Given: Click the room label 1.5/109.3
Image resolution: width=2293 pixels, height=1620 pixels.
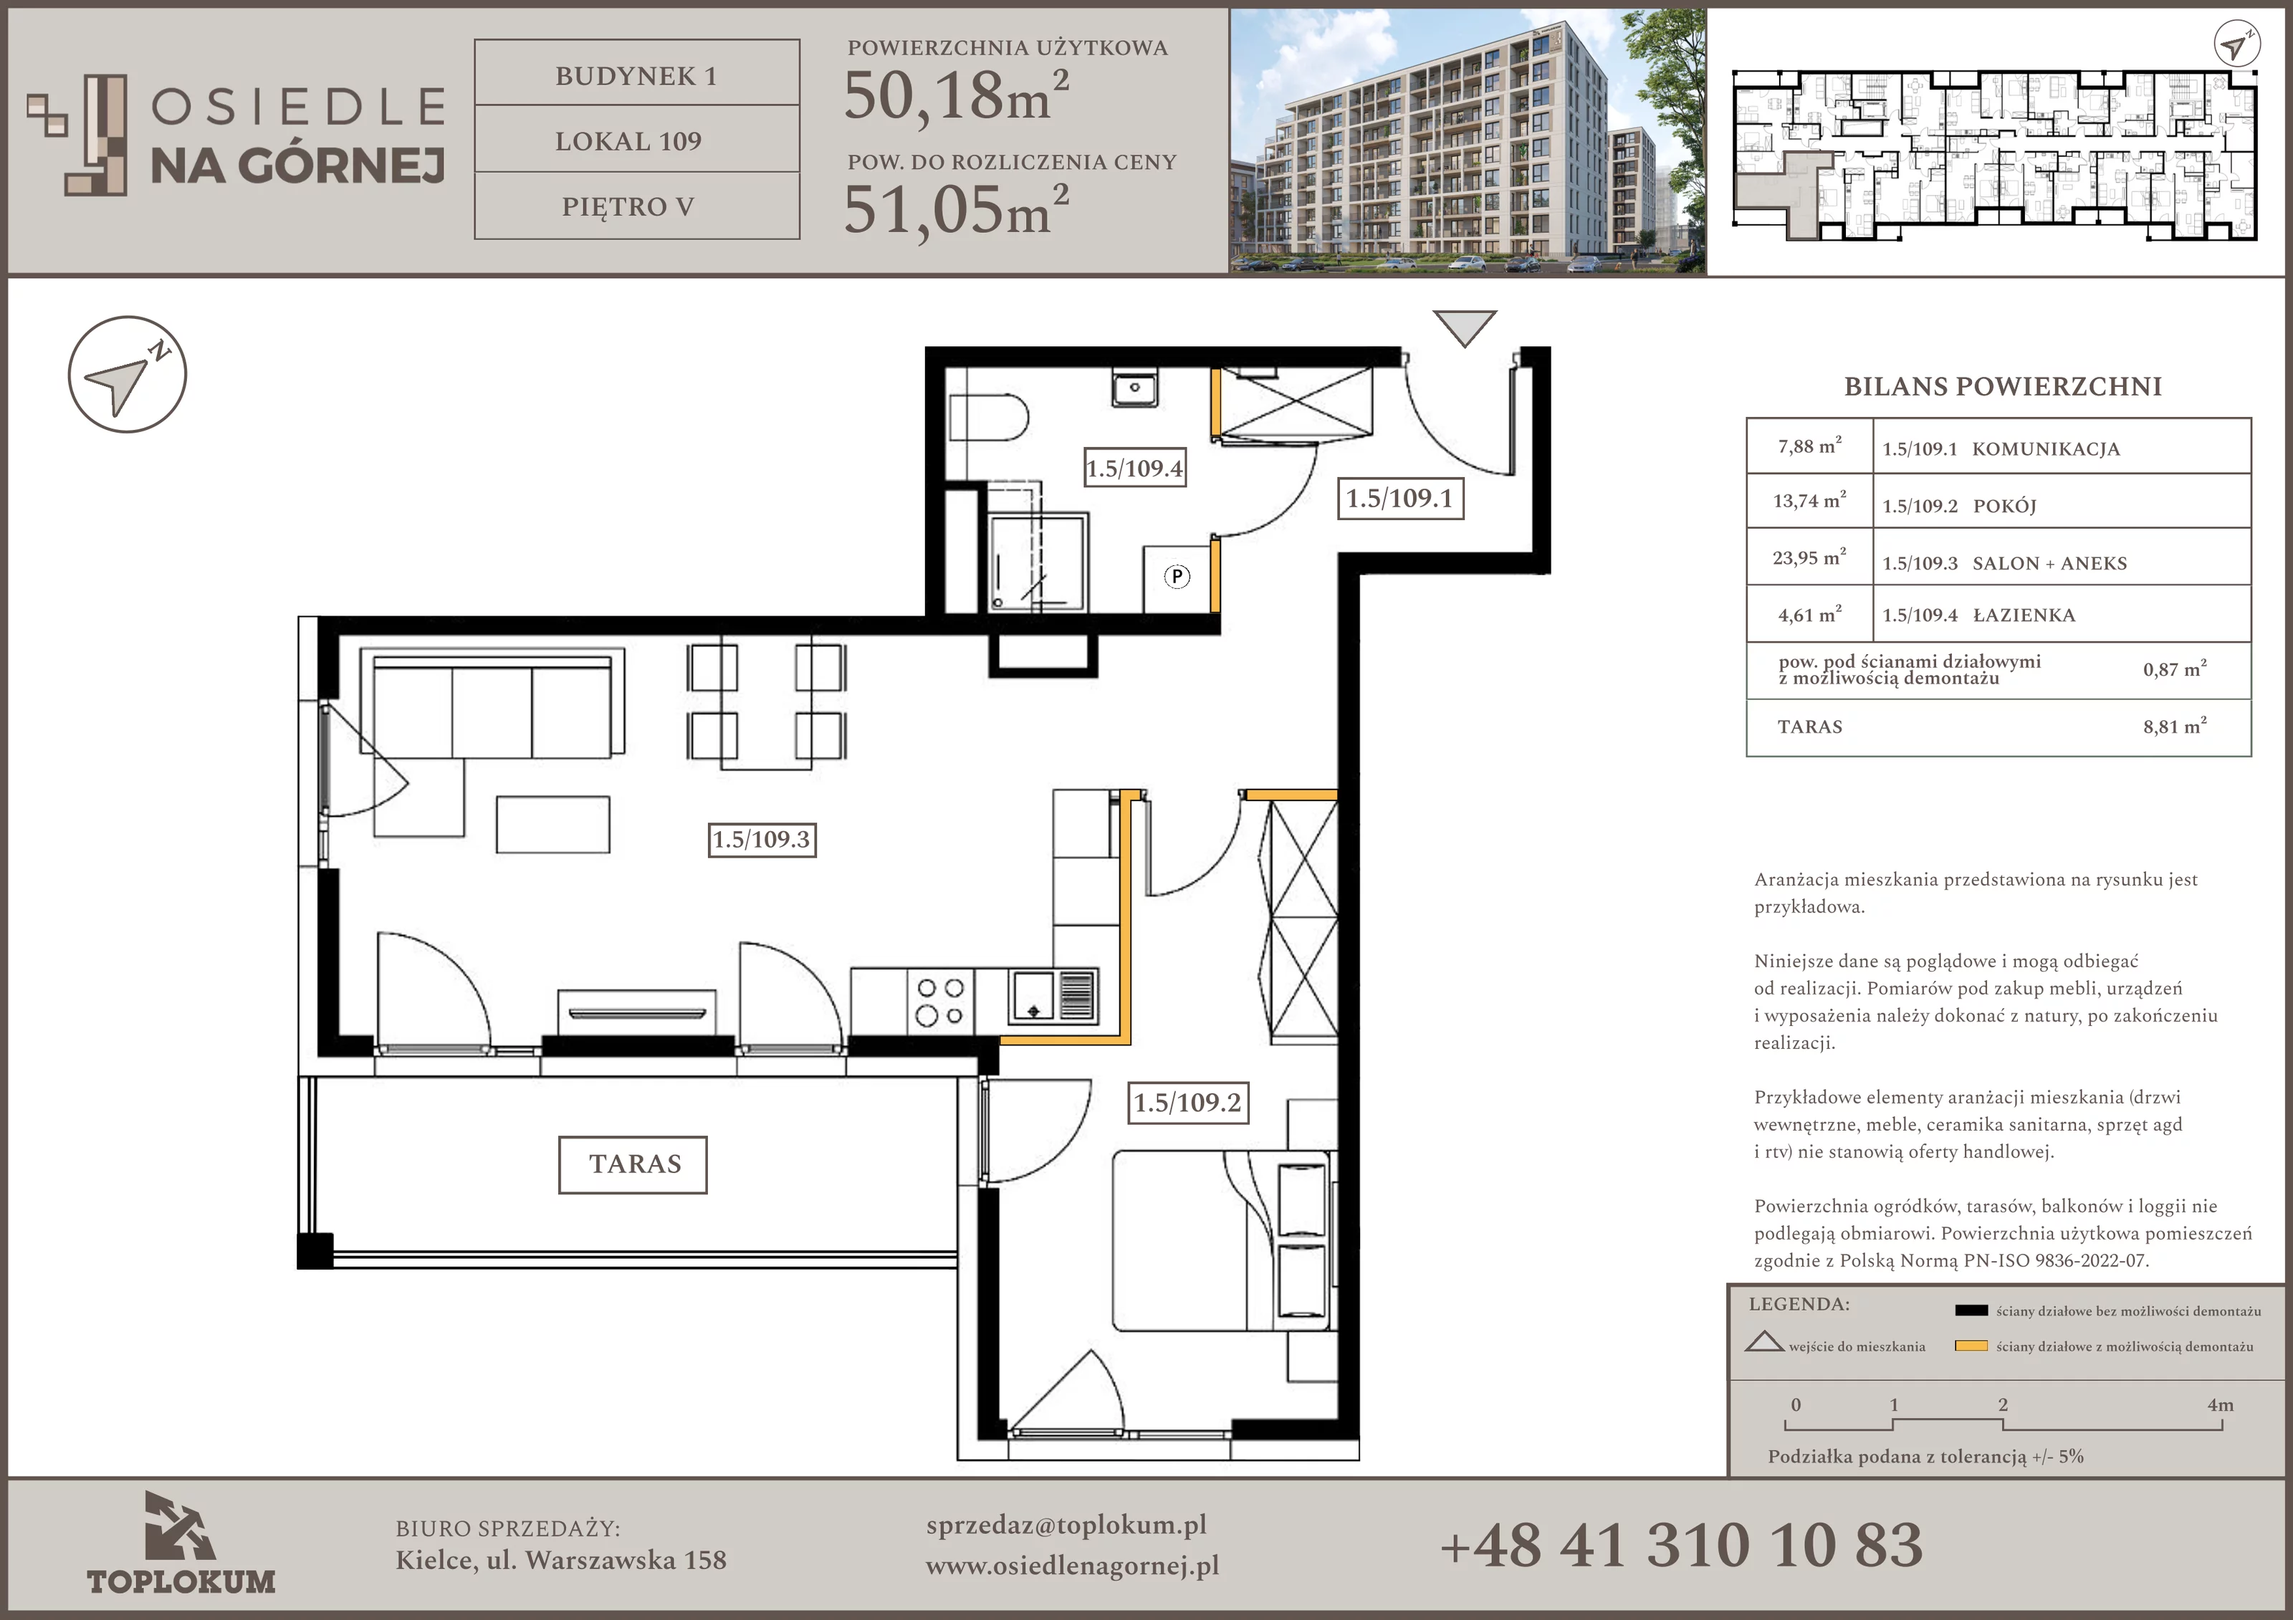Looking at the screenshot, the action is (x=762, y=839).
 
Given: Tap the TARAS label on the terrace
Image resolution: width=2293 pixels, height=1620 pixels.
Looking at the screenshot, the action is (x=633, y=1164).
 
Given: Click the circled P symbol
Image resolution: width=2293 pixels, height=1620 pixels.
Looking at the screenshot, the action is (x=1177, y=576).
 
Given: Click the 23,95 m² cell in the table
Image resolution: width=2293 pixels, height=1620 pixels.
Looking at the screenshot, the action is (x=1809, y=557).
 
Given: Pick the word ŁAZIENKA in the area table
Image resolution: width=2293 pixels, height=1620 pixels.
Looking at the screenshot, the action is (x=2024, y=615).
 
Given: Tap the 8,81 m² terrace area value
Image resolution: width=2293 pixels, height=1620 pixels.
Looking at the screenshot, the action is (x=2174, y=726).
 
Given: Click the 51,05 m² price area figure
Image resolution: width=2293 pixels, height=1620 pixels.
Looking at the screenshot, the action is (x=957, y=210).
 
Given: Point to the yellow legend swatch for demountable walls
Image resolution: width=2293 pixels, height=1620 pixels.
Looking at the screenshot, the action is (x=1971, y=1346).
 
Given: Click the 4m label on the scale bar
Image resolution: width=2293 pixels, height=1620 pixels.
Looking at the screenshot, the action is (x=2220, y=1404).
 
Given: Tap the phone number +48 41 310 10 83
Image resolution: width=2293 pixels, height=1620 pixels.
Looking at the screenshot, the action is (x=1681, y=1544).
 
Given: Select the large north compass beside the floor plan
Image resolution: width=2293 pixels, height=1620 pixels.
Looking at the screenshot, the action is (x=128, y=375).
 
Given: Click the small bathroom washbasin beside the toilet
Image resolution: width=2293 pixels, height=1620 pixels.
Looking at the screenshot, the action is (x=1134, y=388).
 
